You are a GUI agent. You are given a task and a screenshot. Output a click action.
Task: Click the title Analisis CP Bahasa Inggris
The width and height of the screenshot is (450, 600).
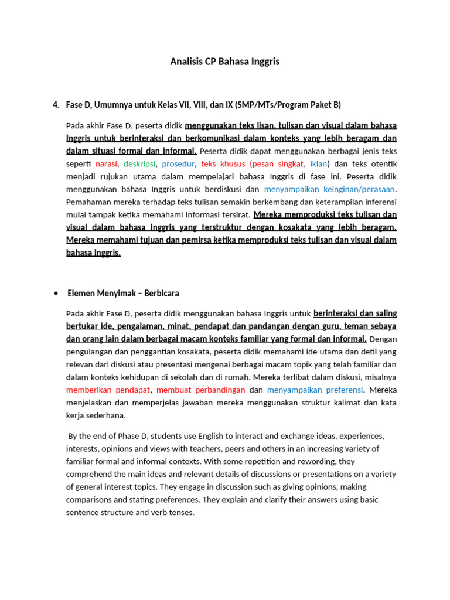[x=225, y=61]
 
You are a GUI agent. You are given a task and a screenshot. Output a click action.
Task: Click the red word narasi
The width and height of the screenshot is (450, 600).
[x=106, y=163]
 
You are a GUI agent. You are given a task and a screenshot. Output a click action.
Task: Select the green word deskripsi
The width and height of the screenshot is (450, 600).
[x=140, y=163]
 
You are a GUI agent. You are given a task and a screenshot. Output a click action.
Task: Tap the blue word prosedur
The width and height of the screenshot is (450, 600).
[x=179, y=163]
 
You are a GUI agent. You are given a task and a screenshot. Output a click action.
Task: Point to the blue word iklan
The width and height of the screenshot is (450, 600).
[x=318, y=163]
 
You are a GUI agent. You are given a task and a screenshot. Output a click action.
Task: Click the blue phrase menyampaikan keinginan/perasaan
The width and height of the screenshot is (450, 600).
[x=330, y=189]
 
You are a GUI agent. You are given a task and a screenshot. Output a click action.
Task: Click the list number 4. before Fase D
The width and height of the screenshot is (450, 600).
[x=56, y=105]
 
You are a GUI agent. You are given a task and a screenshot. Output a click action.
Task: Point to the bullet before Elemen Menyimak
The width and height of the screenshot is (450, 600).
[x=56, y=293]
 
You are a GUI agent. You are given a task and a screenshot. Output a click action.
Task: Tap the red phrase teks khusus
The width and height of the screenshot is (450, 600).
[x=223, y=163]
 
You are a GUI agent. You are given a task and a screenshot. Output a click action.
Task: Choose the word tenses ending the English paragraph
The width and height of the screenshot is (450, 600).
[x=181, y=512]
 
